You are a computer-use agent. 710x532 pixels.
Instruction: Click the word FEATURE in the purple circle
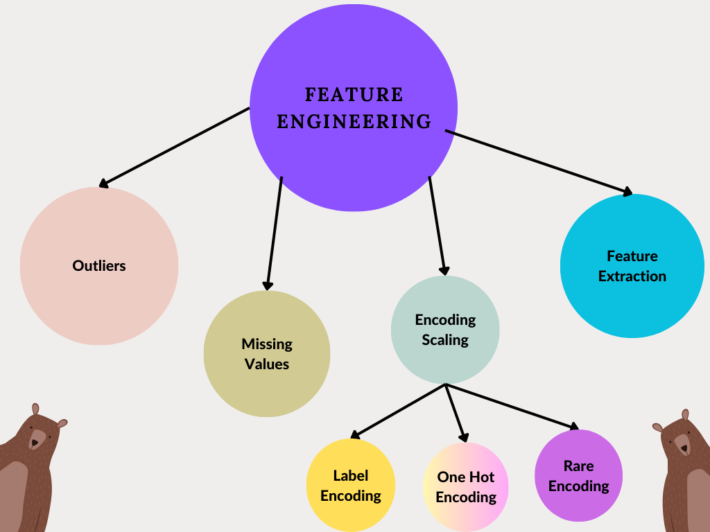(x=354, y=94)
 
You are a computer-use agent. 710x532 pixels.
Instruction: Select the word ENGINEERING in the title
(x=354, y=122)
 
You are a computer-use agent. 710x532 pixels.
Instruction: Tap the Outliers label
(x=99, y=265)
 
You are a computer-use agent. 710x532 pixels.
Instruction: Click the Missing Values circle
(x=267, y=354)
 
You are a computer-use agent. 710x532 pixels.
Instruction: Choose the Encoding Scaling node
(x=445, y=330)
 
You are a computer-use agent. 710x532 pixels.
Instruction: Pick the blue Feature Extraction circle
(x=632, y=266)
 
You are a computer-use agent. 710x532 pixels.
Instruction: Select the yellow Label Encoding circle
(x=351, y=486)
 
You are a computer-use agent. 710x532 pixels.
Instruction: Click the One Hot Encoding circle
(x=466, y=487)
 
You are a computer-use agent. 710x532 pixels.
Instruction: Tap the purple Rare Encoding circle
(x=578, y=476)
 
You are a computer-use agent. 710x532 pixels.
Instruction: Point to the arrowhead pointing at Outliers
(x=103, y=184)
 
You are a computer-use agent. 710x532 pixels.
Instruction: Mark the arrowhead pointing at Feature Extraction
(x=628, y=192)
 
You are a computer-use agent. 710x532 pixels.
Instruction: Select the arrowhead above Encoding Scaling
(x=444, y=270)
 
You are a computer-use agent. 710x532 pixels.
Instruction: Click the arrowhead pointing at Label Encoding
(x=355, y=435)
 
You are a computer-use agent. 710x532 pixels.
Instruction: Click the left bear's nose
(x=35, y=442)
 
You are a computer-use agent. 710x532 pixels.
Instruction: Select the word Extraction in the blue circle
(x=632, y=276)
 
